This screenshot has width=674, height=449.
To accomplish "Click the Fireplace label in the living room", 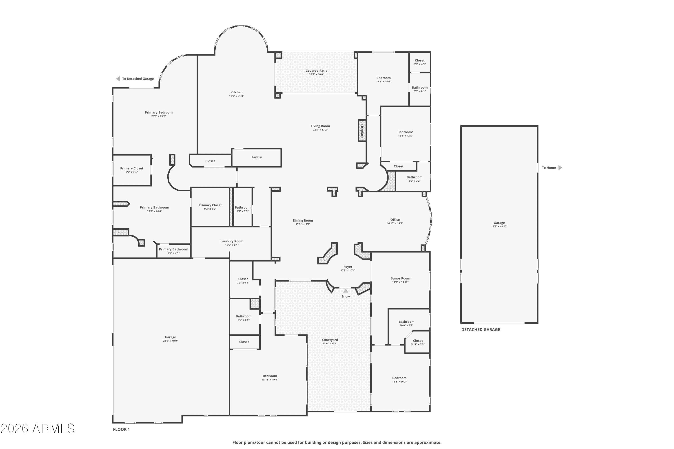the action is [x=362, y=131].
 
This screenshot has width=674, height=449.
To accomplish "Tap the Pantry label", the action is [x=257, y=157].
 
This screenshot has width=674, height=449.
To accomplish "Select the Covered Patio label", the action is [x=316, y=71].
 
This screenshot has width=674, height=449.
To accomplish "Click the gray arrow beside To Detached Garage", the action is [x=118, y=79].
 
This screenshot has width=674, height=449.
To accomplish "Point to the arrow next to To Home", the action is [x=560, y=168].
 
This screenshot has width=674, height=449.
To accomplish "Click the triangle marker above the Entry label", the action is [x=346, y=291].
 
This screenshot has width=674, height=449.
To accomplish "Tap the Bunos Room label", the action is [x=400, y=278].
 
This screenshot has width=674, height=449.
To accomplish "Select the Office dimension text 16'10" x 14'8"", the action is [x=395, y=223].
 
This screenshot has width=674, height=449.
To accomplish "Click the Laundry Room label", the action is [x=232, y=241].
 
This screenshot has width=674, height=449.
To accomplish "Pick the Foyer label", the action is [x=348, y=267].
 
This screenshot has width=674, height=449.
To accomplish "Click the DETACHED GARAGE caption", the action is [x=481, y=330].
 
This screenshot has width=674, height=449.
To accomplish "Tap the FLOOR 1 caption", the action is [x=121, y=429].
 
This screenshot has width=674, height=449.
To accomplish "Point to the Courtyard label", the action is [x=330, y=340].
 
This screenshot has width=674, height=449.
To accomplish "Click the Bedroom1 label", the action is [x=406, y=132].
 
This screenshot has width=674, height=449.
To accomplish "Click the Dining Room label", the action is [x=303, y=220].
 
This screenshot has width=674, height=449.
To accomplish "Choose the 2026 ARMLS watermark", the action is [x=38, y=428].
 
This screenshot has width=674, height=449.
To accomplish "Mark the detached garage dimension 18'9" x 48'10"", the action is [x=499, y=227].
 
